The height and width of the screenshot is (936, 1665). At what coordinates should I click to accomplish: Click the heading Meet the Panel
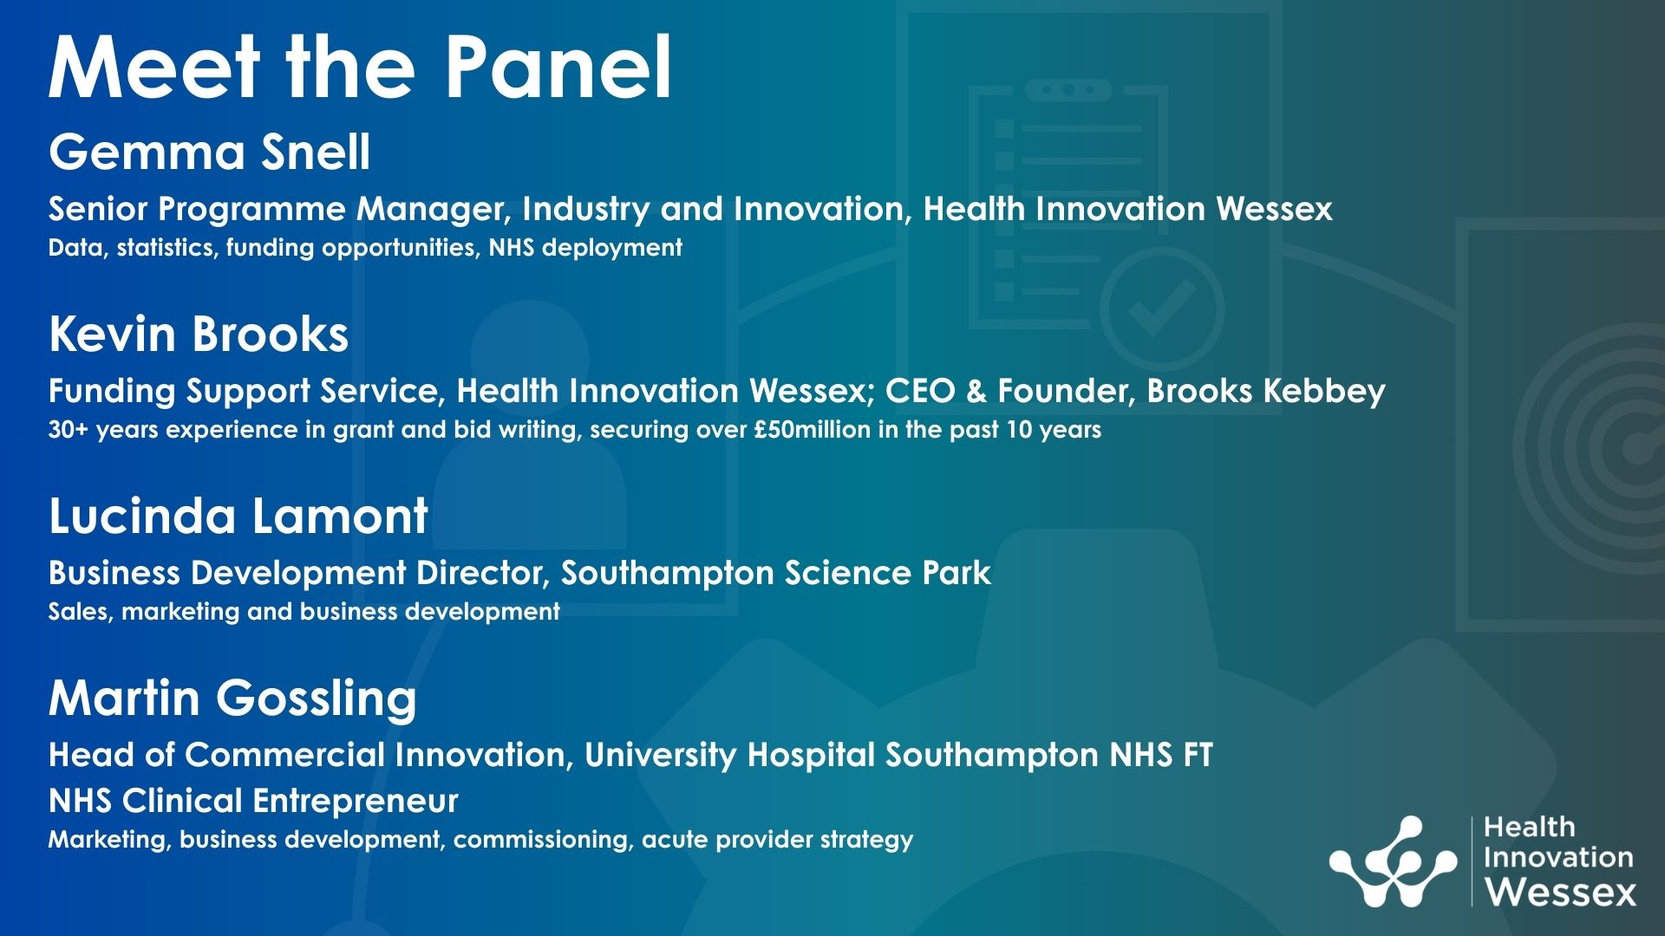pos(360,68)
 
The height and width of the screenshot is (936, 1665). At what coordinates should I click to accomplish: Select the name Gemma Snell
pos(210,153)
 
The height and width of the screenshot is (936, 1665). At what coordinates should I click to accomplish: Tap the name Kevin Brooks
pos(199,335)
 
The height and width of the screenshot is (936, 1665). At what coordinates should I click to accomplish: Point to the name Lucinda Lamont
pos(238,517)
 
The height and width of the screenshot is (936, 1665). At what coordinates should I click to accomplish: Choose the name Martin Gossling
pos(232,699)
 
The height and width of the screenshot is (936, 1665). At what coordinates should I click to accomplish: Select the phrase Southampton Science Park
pos(775,573)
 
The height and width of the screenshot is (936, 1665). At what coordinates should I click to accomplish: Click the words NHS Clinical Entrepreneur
pos(253,802)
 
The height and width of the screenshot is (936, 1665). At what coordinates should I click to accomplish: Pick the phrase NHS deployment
pos(585,249)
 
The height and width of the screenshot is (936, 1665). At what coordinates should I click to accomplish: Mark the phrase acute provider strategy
pos(777,840)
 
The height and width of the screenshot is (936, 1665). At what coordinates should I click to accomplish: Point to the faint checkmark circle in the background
pos(1162,309)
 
